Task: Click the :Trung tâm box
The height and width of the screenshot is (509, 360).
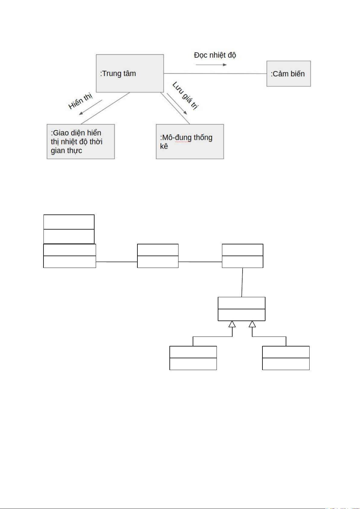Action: coord(130,73)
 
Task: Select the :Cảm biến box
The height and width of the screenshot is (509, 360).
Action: coord(288,74)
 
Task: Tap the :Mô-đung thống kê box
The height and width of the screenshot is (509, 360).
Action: coord(190,141)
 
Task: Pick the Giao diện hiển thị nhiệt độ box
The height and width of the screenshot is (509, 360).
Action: coord(81,141)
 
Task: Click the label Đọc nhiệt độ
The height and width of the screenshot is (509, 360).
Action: coord(215,55)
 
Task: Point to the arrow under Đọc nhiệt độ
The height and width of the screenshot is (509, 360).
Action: coord(211,65)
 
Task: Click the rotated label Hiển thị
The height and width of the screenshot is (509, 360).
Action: coord(80,101)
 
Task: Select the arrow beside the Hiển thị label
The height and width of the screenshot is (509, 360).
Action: coord(91,107)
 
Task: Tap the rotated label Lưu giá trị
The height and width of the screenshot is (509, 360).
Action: coord(185,95)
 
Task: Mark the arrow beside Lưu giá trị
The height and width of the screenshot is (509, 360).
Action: coord(177,104)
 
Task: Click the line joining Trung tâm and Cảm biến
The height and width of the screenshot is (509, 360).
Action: coord(215,73)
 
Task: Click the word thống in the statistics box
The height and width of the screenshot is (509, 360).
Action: coord(203,137)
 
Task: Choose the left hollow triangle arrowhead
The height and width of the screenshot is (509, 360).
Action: coord(232,324)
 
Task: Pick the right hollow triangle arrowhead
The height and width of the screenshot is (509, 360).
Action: coord(252,324)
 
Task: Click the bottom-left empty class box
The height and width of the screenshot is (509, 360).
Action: coord(193,358)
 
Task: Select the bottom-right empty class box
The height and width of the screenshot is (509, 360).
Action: coord(286,358)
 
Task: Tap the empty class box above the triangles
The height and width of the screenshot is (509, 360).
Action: coord(241,309)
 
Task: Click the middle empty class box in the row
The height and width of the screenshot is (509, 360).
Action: coord(158,256)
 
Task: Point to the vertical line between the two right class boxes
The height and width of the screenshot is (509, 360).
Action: coord(242,282)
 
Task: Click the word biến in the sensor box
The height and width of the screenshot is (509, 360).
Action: coord(297,74)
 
